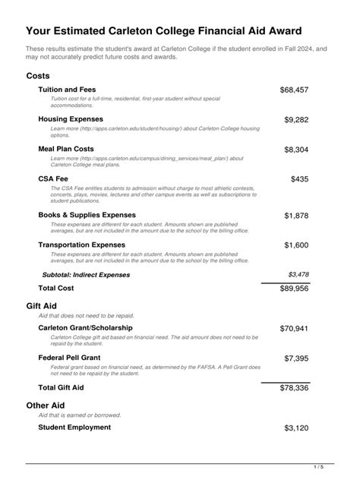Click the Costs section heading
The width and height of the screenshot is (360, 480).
pyautogui.click(x=38, y=76)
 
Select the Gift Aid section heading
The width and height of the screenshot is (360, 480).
pyautogui.click(x=42, y=305)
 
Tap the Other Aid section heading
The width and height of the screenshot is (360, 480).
pyautogui.click(x=45, y=406)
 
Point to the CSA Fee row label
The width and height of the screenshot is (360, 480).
pyautogui.click(x=53, y=179)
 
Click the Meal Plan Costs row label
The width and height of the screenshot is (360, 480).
pyautogui.click(x=66, y=149)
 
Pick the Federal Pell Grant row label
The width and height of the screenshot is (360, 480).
pyautogui.click(x=71, y=357)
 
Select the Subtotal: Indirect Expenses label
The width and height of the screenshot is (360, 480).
pyautogui.click(x=86, y=274)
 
